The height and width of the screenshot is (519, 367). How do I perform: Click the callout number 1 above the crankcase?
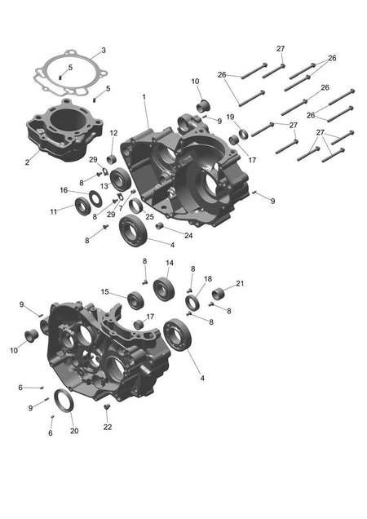coord(144,97)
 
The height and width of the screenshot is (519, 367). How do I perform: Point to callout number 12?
coord(113,133)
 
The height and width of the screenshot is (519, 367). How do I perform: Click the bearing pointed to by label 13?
coord(119,180)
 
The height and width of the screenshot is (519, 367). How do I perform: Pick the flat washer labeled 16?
coord(95,198)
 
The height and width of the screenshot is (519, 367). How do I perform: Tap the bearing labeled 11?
coord(83,206)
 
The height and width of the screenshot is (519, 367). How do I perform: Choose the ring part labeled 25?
coord(135,206)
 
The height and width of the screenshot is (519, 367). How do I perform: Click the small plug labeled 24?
coord(160,226)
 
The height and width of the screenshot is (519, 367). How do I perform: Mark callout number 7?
coord(121,209)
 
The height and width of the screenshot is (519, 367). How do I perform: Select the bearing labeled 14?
coord(164,289)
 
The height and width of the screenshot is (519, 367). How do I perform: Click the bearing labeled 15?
coord(135,300)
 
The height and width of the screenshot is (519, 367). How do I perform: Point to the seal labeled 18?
coord(192,303)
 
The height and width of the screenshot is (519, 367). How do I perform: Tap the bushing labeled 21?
coord(218,294)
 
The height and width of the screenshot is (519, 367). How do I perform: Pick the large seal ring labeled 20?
coord(64,401)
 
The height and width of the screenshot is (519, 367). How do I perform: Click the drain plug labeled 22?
coord(107,406)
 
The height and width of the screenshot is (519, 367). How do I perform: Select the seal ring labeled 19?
coord(243,135)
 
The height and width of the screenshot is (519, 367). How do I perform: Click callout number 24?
coord(188,236)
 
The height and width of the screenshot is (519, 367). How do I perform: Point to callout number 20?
coord(74,431)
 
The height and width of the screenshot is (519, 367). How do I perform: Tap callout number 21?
coord(240,283)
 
